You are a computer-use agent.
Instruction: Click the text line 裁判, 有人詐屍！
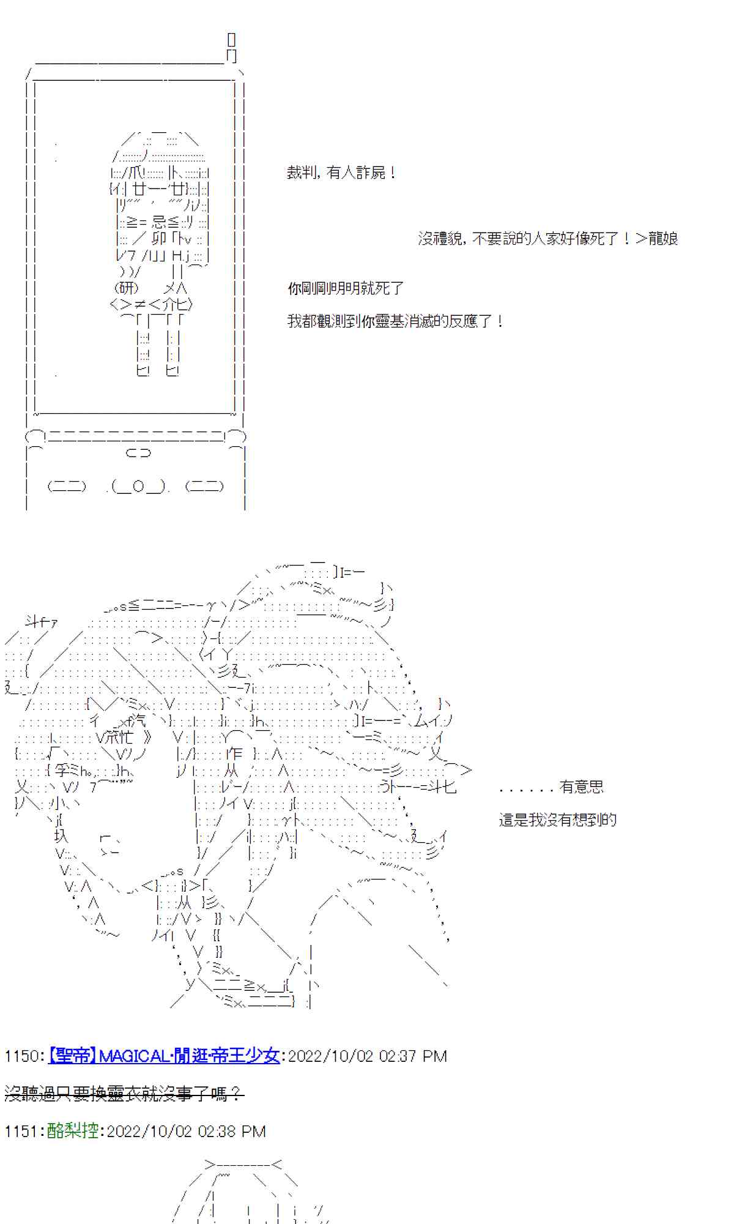point(341,173)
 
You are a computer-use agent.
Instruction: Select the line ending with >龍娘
point(547,239)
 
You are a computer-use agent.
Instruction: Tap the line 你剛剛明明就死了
point(346,288)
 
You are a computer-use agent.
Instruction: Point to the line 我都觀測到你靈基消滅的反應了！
point(395,321)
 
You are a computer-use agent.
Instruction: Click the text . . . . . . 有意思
point(551,787)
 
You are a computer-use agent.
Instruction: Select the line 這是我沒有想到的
point(557,820)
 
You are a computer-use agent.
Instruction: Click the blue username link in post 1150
point(163,1056)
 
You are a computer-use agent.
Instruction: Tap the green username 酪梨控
point(72,1131)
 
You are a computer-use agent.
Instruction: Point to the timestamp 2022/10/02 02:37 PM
point(367,1056)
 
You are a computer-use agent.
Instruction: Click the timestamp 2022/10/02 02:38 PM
point(186,1131)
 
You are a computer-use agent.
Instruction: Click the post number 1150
point(21,1056)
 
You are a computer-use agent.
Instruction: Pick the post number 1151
point(21,1131)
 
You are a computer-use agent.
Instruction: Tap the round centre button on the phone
point(138,487)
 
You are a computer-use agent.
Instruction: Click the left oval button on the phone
point(67,487)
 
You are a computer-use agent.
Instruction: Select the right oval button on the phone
point(204,487)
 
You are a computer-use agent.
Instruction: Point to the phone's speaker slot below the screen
point(138,453)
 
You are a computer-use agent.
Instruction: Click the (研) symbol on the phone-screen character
point(127,288)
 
